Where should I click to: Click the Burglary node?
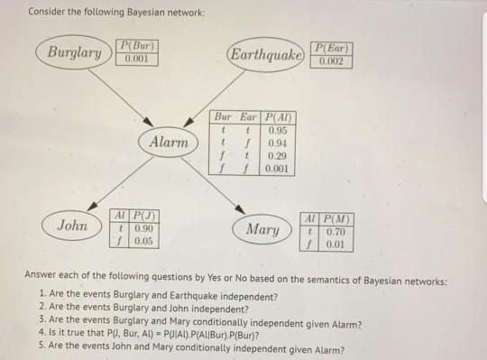75,52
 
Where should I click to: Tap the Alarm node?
170,143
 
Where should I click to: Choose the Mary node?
262,229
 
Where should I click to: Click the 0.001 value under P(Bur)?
136,59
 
